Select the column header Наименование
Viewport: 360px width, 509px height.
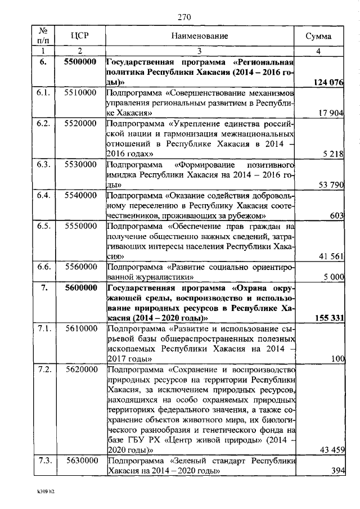(200, 37)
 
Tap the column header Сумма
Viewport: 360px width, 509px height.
(318, 37)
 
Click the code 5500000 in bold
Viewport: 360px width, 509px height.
(80, 62)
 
